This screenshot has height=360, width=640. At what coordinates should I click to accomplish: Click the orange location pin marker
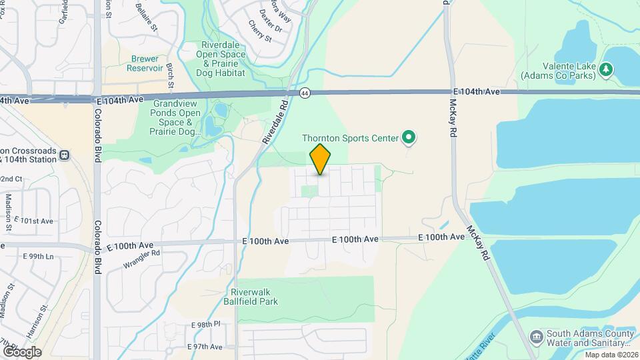320,159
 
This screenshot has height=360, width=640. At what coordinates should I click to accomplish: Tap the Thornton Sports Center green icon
409,138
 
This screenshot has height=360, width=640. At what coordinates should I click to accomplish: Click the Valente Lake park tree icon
605,69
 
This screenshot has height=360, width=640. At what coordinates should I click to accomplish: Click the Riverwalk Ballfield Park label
254,297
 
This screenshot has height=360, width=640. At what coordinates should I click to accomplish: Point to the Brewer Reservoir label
146,63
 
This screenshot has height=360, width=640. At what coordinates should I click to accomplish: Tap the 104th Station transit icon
64,155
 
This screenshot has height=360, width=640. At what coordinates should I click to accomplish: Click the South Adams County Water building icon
535,335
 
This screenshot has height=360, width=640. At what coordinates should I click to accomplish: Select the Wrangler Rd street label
142,258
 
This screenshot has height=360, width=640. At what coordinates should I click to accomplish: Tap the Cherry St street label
260,31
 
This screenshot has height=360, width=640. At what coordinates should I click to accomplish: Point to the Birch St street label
170,75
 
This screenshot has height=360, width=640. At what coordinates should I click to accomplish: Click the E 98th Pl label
205,325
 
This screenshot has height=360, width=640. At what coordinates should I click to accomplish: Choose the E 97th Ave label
205,347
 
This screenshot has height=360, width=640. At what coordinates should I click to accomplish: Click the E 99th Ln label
38,256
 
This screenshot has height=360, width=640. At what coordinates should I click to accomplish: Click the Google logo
22,351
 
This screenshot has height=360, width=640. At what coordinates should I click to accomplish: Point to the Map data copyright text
611,355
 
